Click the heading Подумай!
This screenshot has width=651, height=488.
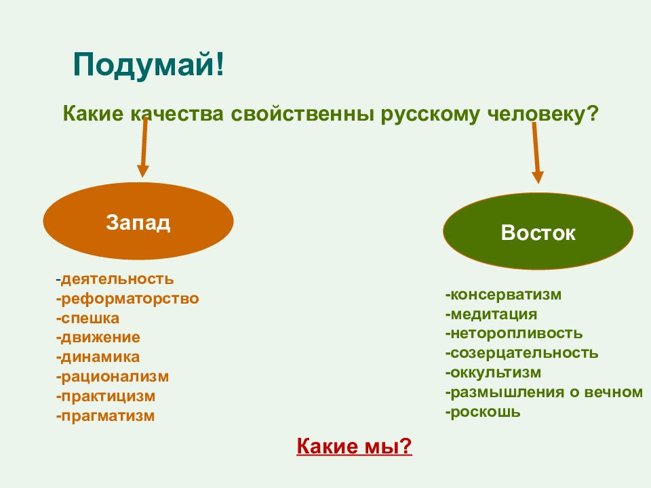click(x=149, y=65)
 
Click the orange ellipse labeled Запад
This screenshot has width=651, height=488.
click(x=138, y=222)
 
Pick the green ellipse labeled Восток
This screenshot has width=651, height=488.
click(x=538, y=231)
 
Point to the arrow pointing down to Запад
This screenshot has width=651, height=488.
click(x=144, y=148)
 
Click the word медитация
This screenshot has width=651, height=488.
click(x=494, y=314)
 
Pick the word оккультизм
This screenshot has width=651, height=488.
click(x=496, y=373)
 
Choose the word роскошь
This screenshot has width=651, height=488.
click(x=485, y=412)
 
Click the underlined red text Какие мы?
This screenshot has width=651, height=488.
click(x=354, y=447)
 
